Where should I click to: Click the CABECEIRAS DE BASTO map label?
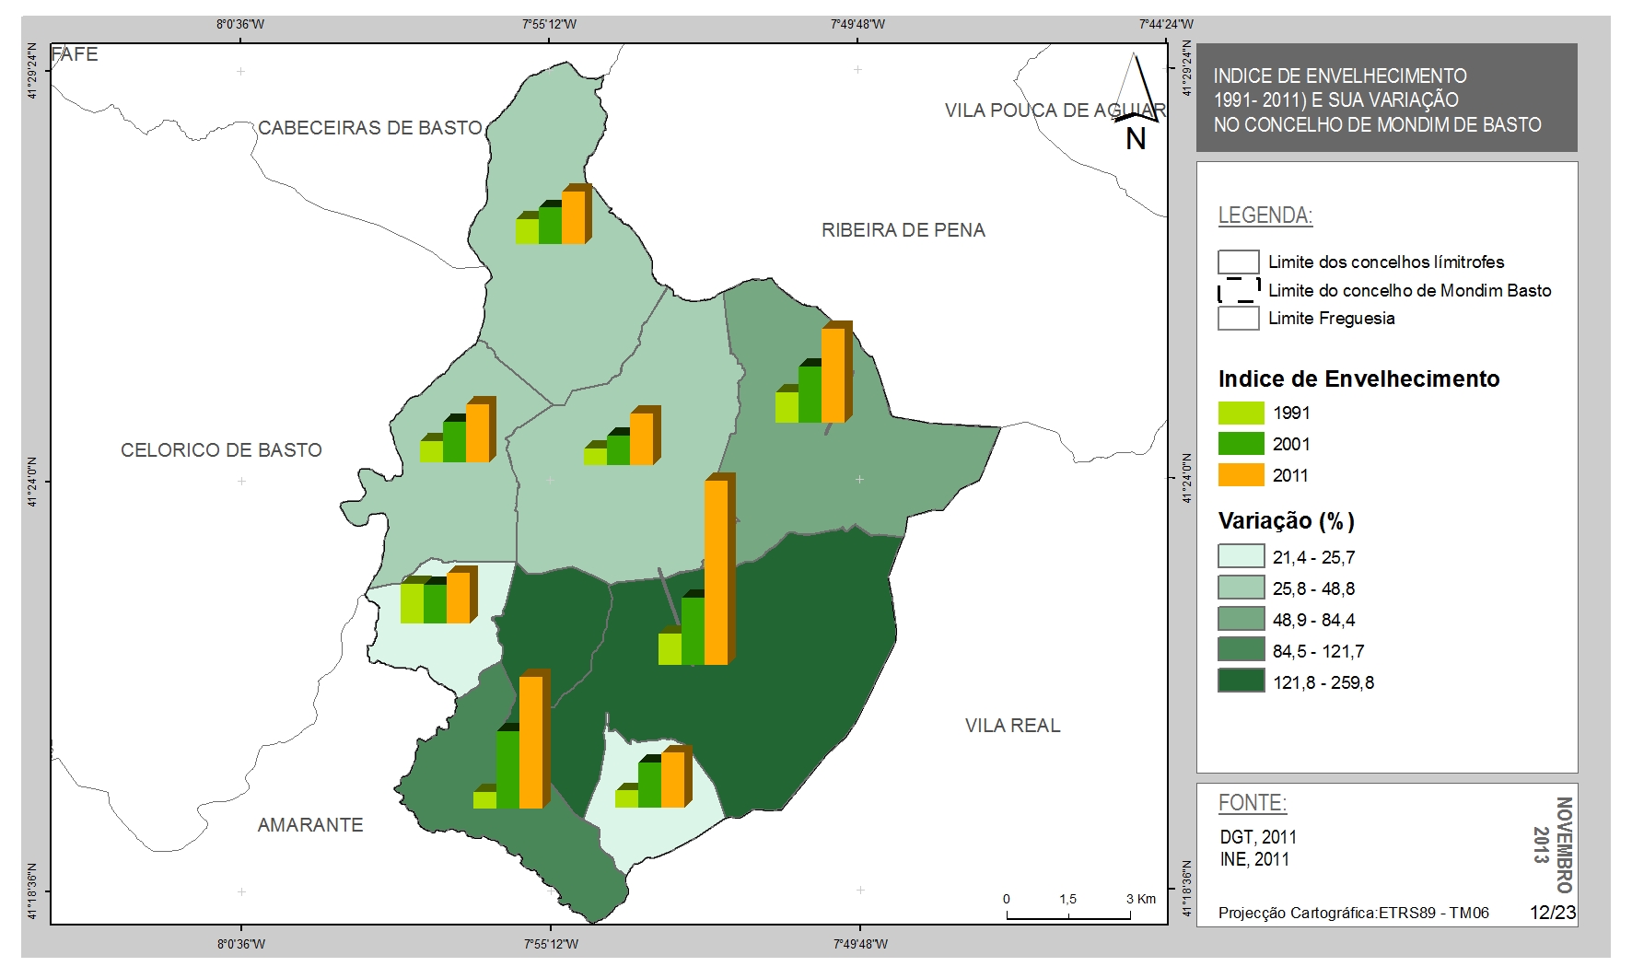coord(370,128)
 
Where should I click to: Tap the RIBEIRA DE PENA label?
coord(903,230)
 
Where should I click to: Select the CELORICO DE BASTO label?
coord(222,450)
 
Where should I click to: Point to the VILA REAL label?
coord(1013,726)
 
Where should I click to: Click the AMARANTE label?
coord(310,825)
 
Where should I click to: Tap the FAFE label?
coord(75,54)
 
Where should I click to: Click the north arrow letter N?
coord(1136,139)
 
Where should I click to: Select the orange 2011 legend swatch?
coord(1241,475)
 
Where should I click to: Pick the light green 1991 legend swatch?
coord(1241,413)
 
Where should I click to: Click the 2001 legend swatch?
coord(1241,444)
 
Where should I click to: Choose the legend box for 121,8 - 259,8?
coord(1241,681)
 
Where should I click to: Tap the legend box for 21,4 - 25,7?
coord(1241,556)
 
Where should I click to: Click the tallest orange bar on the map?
coord(718,570)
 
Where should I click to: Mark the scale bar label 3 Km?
coord(1141,899)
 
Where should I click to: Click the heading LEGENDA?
coord(1265,215)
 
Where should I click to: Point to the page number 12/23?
coord(1553,913)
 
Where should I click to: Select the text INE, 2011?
coord(1254,859)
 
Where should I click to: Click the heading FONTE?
coord(1253,803)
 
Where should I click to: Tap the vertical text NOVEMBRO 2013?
coord(1553,844)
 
